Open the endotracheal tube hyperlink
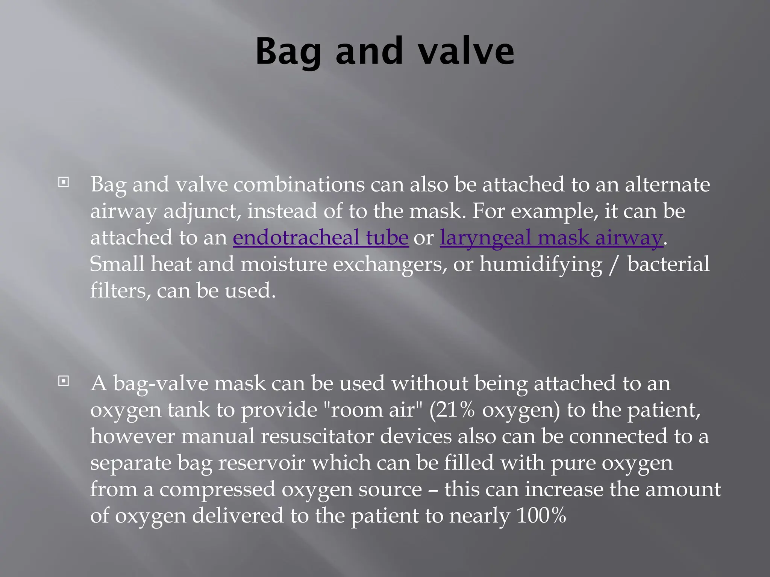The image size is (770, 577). click(x=320, y=237)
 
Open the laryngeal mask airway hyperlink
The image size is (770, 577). click(x=551, y=237)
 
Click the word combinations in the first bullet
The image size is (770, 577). click(x=299, y=184)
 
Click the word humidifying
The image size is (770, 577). click(x=541, y=264)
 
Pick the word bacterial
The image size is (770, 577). click(x=668, y=264)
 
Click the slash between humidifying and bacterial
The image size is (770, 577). click(x=614, y=264)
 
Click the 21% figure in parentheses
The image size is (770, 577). click(x=456, y=410)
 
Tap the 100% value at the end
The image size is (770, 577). click(x=541, y=515)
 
